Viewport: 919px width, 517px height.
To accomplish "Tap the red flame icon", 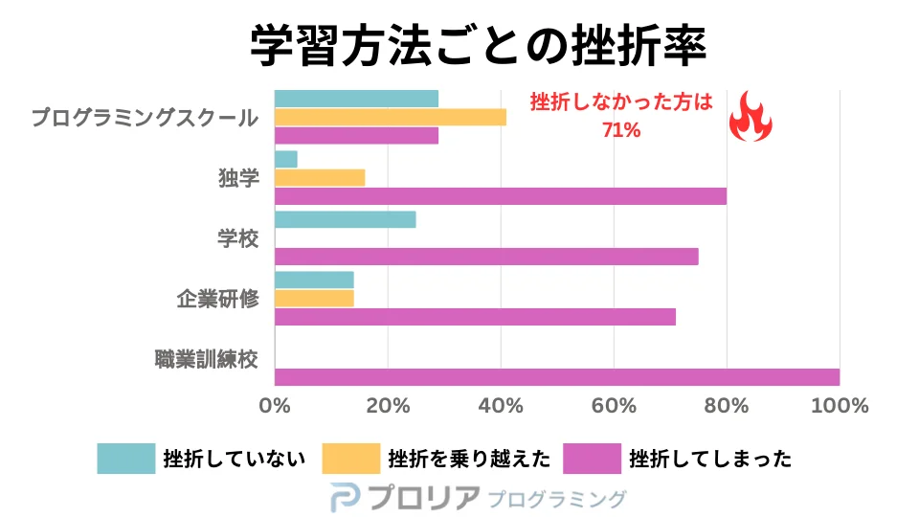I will [x=751, y=117].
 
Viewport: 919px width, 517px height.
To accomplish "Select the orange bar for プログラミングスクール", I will [x=390, y=117].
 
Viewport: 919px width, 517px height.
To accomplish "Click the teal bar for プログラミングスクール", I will [x=356, y=99].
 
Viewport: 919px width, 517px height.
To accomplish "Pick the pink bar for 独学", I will [x=500, y=196].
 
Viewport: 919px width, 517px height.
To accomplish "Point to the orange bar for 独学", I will [x=320, y=177].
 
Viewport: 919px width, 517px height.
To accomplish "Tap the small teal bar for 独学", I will [x=286, y=159].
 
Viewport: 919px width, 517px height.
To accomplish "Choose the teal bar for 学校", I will [x=345, y=219].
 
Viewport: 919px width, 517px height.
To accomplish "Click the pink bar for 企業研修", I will [x=475, y=317].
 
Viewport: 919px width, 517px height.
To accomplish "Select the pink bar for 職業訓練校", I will [x=557, y=377].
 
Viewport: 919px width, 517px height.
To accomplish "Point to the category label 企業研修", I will [x=218, y=299].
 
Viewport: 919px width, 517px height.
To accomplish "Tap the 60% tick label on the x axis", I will [x=614, y=406].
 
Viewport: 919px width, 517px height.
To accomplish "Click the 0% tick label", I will [x=275, y=406].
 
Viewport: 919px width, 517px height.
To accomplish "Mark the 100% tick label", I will [x=840, y=406].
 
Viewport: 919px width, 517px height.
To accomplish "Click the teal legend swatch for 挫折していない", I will [x=125, y=459].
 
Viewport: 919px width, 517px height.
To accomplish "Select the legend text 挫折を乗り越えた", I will [x=469, y=459].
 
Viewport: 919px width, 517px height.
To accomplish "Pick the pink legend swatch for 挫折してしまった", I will [x=592, y=459].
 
